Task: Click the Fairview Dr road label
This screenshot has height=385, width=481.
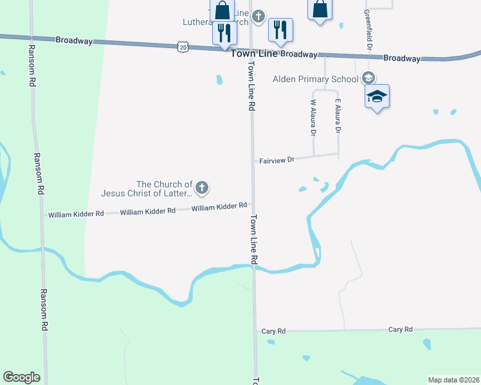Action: coord(277,159)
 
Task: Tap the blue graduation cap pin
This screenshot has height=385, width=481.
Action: coord(377,97)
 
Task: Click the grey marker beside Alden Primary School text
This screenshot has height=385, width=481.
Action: coord(368,78)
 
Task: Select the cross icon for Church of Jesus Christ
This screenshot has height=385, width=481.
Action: coord(202,188)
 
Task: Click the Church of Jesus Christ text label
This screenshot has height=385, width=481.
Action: coord(147,188)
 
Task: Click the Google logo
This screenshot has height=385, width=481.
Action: coord(21,377)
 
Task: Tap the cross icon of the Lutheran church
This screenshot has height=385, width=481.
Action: coord(259,16)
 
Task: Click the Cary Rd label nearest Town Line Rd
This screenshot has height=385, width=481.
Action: coord(273,331)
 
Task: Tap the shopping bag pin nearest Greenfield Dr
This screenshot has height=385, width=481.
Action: coord(320,10)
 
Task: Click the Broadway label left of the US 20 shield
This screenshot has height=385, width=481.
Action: coord(74,40)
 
